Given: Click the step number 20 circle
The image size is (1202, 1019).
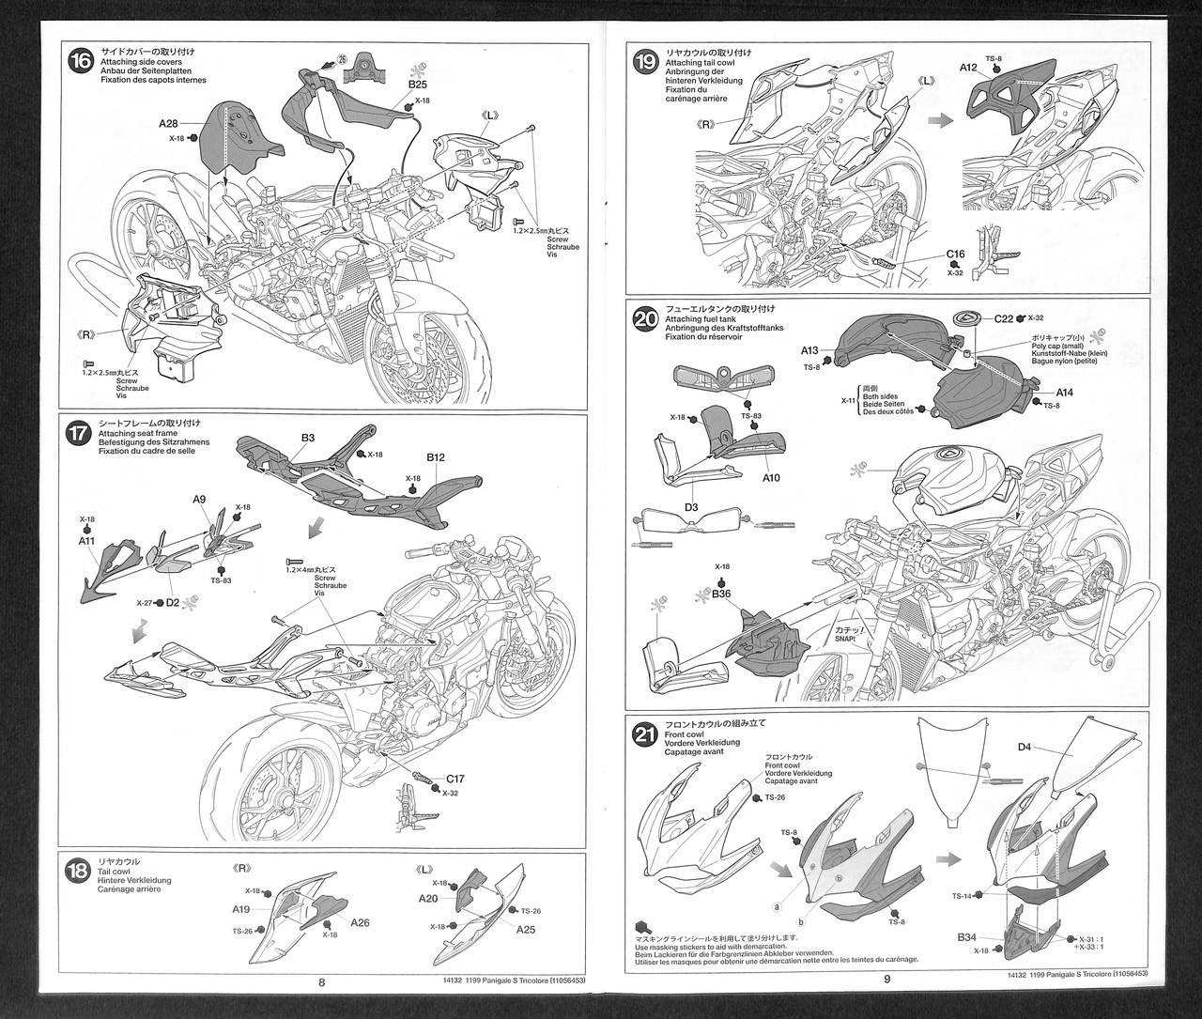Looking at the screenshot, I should point(646,319).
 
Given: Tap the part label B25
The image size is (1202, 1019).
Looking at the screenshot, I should point(418,85).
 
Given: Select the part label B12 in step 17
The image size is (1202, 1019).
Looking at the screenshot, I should point(435,457).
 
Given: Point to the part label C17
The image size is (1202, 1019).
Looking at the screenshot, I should point(455,779).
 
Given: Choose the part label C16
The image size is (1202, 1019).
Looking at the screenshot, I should point(955,254).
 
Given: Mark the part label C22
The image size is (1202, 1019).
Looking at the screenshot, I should point(1004,319).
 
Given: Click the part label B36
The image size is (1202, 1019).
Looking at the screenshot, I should point(721,594).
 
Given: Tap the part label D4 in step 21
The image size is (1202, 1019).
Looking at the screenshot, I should point(1025,748).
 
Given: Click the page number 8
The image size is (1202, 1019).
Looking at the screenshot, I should point(321,982).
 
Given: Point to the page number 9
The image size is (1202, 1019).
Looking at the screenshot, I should point(886,978).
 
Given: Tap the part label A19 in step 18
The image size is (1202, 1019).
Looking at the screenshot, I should point(240,909).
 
